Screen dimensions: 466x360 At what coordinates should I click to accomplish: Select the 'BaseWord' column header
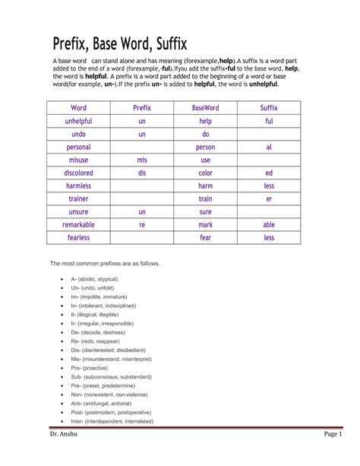point(205,109)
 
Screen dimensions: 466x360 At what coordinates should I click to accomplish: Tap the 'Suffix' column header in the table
point(269,109)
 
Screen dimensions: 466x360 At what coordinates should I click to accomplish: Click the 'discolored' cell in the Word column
point(79,173)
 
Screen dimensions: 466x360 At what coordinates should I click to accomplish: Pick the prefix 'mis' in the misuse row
point(142,160)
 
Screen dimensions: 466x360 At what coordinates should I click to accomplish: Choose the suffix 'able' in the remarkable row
point(269,225)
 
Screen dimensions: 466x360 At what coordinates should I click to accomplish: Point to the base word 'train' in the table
point(205,199)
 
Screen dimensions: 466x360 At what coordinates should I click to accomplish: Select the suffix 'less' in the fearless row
point(269,238)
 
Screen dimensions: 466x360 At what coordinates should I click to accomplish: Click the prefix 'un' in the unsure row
point(142,212)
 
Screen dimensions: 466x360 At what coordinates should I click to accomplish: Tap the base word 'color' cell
point(205,173)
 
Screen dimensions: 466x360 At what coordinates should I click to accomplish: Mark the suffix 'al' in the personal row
point(269,147)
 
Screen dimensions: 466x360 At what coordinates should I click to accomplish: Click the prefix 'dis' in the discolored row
point(142,173)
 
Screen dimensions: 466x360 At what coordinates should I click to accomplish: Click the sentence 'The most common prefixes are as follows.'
point(105,263)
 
